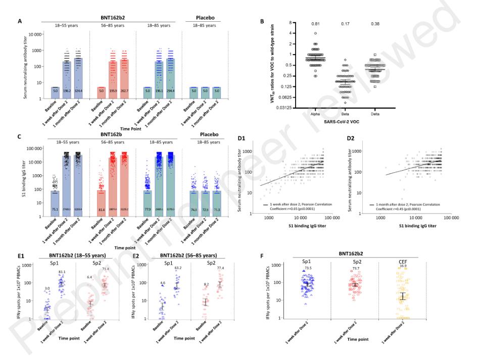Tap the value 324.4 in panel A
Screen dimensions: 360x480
tap(78, 91)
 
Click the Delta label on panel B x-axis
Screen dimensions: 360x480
tap(376, 114)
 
